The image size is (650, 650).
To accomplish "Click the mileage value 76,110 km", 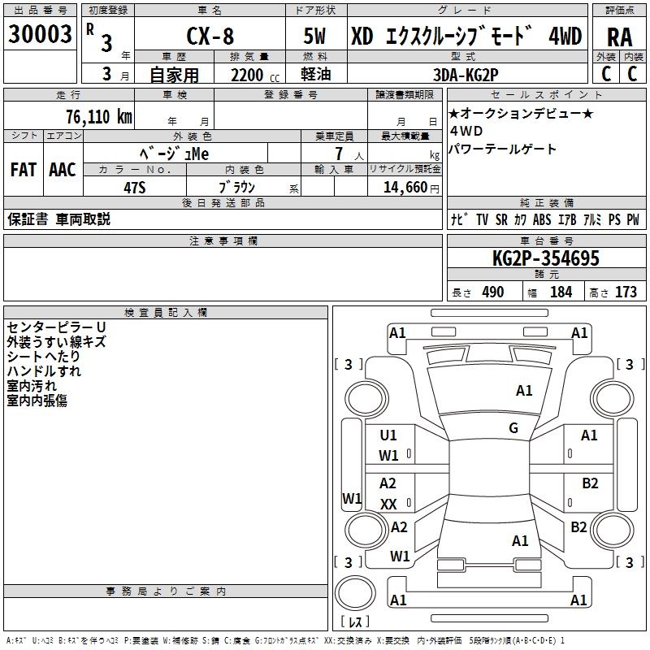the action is pyautogui.click(x=98, y=116).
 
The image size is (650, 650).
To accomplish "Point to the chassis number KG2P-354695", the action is pyautogui.click(x=545, y=259).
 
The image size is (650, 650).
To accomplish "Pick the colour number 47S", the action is pyautogui.click(x=134, y=186).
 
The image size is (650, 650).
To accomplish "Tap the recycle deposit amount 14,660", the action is pyautogui.click(x=403, y=186).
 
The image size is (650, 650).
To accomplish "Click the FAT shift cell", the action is pyautogui.click(x=24, y=170).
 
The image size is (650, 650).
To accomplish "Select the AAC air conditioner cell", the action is pyautogui.click(x=63, y=170).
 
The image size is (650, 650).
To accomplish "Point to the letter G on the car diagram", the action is pyautogui.click(x=513, y=428).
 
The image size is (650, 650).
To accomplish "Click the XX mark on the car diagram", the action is pyautogui.click(x=388, y=505).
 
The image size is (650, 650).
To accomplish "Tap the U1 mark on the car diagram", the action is pyautogui.click(x=388, y=435).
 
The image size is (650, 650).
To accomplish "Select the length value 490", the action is pyautogui.click(x=492, y=292).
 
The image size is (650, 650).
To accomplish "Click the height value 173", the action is pyautogui.click(x=626, y=292).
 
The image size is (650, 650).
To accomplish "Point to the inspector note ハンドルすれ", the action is pyautogui.click(x=44, y=371).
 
